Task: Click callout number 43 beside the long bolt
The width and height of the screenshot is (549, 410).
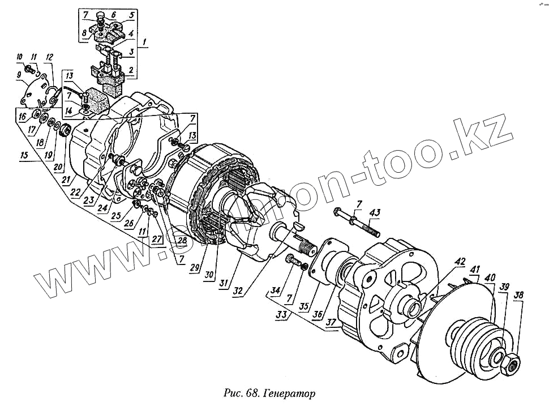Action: [x=374, y=212]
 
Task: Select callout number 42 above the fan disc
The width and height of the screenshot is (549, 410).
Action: [x=461, y=261]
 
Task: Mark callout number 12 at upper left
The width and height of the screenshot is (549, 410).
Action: [x=49, y=57]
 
